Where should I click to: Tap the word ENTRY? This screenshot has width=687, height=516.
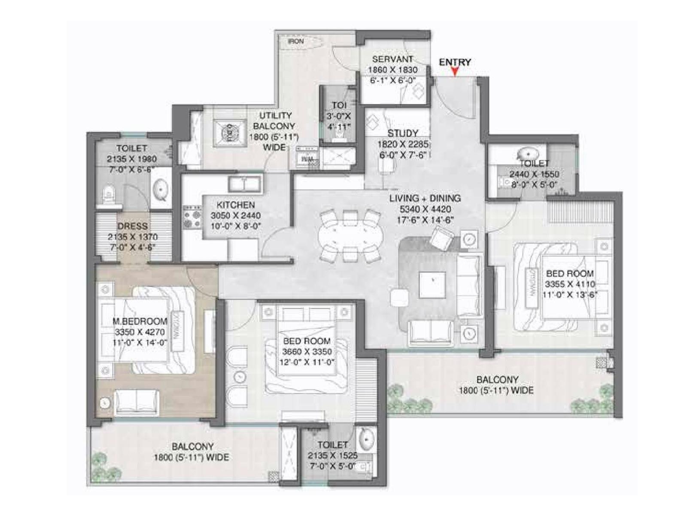[455, 62]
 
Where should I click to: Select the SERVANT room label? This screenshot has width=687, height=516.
[392, 59]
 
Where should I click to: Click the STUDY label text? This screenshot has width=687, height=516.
[402, 133]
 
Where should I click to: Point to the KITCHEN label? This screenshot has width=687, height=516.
[235, 205]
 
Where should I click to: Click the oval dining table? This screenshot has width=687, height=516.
[350, 236]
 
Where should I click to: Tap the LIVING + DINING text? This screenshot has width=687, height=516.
[425, 198]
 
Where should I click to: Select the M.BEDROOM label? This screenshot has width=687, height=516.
[140, 321]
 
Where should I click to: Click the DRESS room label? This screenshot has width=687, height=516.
[132, 226]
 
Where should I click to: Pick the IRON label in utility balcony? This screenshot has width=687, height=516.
[295, 41]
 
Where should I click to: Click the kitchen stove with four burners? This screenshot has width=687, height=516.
[192, 217]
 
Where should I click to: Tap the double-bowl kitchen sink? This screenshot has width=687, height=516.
[244, 184]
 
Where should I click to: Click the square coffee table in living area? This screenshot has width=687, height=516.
[432, 284]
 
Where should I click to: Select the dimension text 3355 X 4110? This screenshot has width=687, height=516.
[570, 284]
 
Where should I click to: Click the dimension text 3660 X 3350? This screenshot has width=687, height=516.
[307, 351]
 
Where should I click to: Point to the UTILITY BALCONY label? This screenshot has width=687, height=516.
[275, 121]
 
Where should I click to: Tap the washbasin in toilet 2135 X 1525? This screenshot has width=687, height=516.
[366, 440]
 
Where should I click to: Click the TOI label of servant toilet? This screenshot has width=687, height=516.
[339, 105]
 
